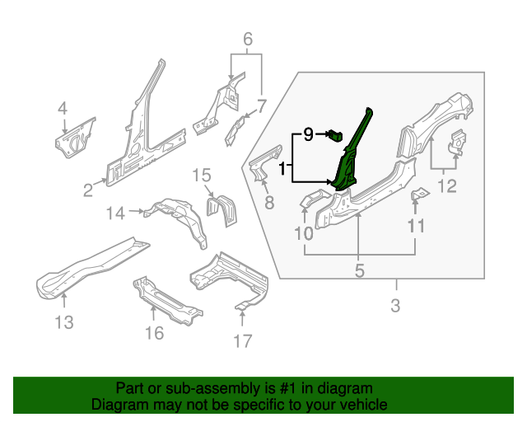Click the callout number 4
[x=63, y=108]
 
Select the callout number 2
[x=88, y=191]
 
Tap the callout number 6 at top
[x=246, y=39]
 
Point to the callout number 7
[x=262, y=105]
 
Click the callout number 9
[x=308, y=134]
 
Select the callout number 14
[x=116, y=213]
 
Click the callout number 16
[x=154, y=332]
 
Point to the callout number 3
[x=395, y=307]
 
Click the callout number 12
[x=445, y=186]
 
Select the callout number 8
[x=268, y=203]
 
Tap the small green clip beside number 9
[x=335, y=134]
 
